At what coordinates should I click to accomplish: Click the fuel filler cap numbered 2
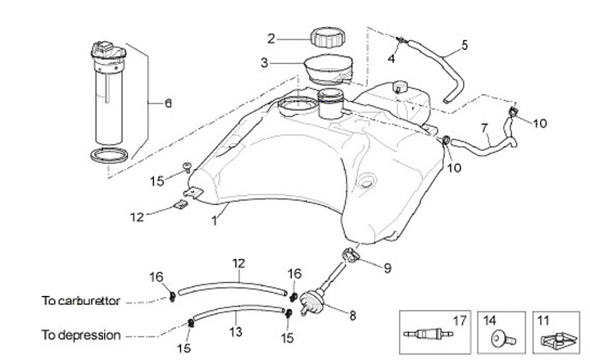(x=326, y=38)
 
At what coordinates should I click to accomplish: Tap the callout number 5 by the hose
(x=465, y=45)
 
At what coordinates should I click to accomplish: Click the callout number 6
(x=168, y=103)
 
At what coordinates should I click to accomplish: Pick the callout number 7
(x=484, y=128)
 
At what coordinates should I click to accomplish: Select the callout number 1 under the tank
(x=216, y=220)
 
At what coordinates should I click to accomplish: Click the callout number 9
(x=388, y=267)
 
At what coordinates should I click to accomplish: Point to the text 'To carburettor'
(x=81, y=301)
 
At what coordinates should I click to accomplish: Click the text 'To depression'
(x=81, y=335)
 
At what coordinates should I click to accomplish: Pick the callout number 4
(x=392, y=59)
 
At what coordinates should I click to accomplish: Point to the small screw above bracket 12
(x=188, y=167)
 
